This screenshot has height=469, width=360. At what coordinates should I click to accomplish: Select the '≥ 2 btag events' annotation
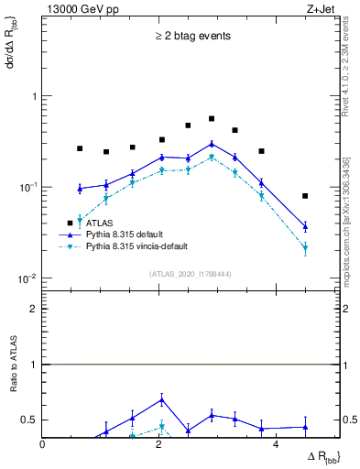[191, 37]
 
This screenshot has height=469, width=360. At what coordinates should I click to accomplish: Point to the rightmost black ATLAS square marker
[305, 196]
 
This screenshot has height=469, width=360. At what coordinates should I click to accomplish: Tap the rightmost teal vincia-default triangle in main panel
[305, 247]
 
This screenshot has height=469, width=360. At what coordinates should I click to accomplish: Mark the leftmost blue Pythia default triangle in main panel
[80, 189]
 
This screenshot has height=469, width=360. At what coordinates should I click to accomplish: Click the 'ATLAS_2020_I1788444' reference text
[191, 274]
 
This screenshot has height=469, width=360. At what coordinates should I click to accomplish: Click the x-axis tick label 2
[159, 445]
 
